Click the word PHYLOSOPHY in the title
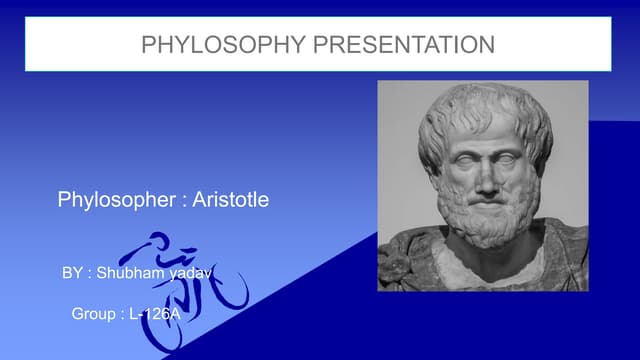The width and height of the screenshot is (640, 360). point(202,44)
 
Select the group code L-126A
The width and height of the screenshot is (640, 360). point(156,314)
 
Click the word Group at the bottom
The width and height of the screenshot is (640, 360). point(94,314)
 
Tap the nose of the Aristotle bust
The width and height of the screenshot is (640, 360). point(485,180)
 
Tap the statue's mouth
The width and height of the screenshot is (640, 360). point(486,204)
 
